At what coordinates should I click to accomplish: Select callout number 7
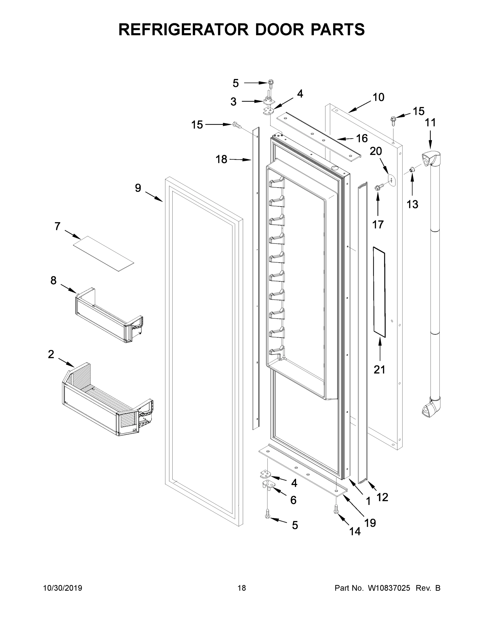coord(58,226)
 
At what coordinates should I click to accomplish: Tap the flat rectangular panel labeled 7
coord(103,254)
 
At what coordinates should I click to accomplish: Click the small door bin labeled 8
coord(109,315)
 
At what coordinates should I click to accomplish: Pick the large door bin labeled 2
coord(107,400)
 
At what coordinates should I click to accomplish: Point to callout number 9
coord(138,188)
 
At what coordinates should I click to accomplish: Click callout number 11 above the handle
coord(430,123)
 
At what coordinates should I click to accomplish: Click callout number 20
coord(376,151)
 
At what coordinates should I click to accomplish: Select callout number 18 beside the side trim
coord(221,159)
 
